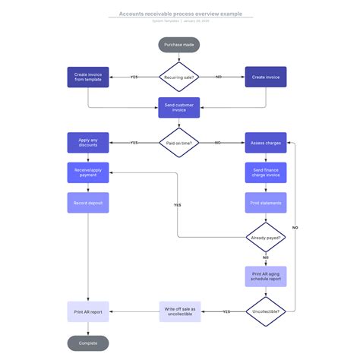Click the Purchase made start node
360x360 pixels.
click(x=179, y=46)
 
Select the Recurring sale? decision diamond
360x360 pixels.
click(x=179, y=77)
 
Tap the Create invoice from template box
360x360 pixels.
click(x=88, y=77)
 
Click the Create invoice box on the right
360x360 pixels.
click(x=265, y=77)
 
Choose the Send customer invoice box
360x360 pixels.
click(x=179, y=108)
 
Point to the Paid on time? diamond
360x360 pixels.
click(x=179, y=142)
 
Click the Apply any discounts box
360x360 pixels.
click(x=88, y=142)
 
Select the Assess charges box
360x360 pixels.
click(x=265, y=142)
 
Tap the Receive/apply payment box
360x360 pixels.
click(x=88, y=172)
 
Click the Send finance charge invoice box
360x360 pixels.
click(x=265, y=172)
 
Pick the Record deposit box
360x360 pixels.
click(x=88, y=203)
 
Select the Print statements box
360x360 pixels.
click(x=265, y=203)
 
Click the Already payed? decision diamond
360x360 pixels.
click(x=265, y=238)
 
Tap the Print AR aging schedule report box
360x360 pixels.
click(x=265, y=276)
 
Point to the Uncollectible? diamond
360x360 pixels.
click(x=265, y=311)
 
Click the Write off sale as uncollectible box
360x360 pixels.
click(x=180, y=311)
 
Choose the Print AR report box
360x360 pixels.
click(x=88, y=311)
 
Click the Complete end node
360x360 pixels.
click(x=88, y=343)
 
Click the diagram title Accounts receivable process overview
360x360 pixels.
click(x=180, y=14)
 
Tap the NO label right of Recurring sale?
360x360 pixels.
click(x=219, y=77)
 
